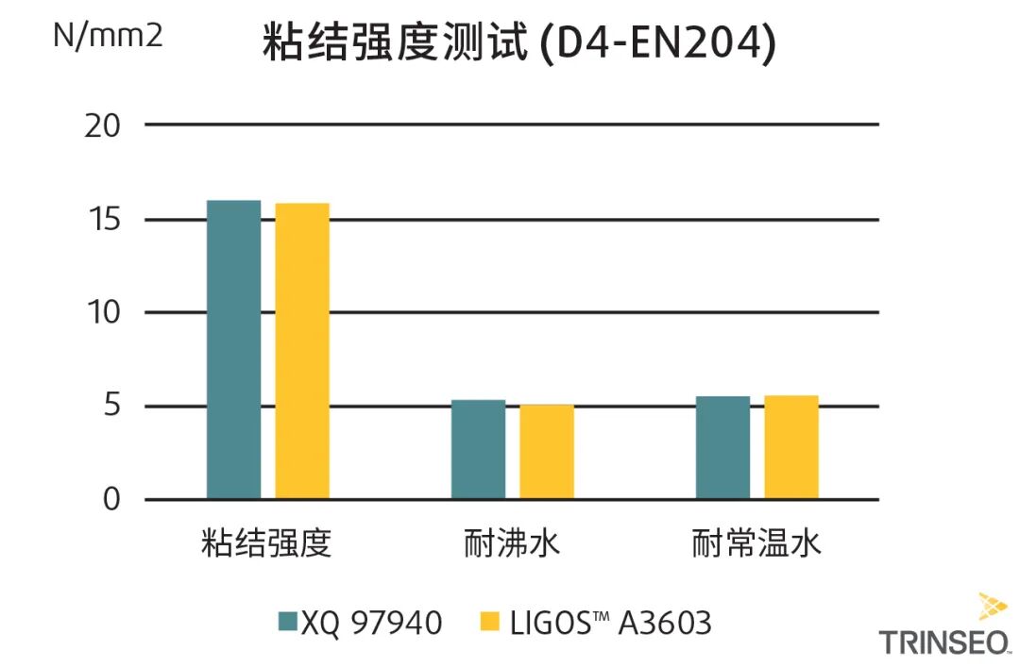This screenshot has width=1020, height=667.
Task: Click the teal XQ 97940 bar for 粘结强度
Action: point(233,350)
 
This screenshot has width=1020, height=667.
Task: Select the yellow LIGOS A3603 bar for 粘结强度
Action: point(302,351)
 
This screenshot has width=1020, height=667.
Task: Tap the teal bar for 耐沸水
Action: point(478,449)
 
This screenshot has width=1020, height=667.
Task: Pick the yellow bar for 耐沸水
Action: point(547,451)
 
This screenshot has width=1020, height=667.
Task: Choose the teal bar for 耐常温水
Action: point(722,447)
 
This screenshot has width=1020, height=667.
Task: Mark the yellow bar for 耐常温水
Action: point(791,447)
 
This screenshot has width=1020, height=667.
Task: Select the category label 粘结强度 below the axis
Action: point(267,544)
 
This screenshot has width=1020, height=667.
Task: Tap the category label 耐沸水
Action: point(512,544)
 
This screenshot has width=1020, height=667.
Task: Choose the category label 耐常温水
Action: point(756,544)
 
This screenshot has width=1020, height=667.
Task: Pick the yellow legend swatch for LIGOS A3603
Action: point(489,621)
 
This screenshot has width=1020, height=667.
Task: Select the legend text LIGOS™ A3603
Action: point(610,622)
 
